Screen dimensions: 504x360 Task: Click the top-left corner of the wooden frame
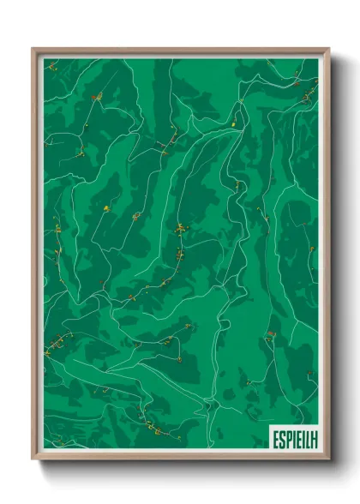pos(33,50)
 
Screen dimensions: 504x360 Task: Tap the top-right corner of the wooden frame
pos(328,50)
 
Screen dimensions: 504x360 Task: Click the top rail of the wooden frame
pos(180,50)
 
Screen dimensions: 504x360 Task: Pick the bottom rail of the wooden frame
pos(180,458)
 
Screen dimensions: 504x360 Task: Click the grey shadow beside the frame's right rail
pos(334,257)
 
